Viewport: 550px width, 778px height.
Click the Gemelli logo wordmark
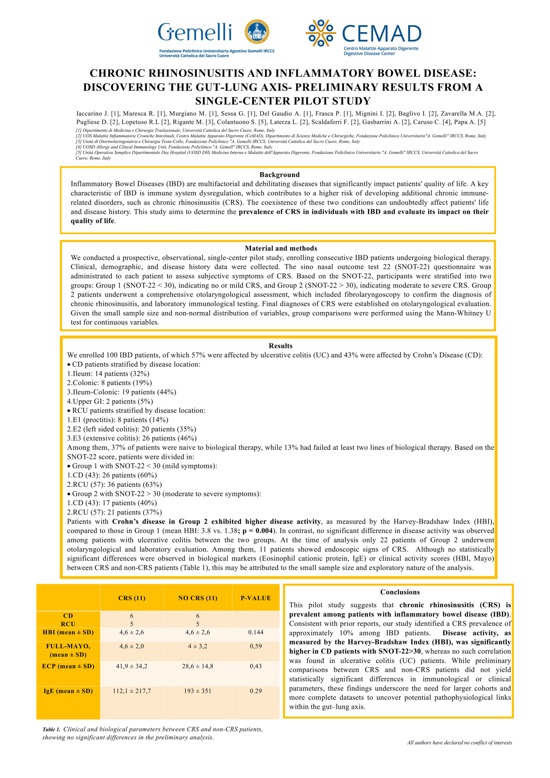point(195,33)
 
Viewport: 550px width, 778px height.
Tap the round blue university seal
point(256,32)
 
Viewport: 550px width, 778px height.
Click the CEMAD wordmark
point(381,34)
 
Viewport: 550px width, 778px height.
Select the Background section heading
point(279,175)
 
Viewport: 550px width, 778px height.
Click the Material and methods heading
point(281,248)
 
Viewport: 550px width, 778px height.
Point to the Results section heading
point(280,346)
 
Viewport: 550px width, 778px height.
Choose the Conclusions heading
point(400,592)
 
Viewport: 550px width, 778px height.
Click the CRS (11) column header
point(132,598)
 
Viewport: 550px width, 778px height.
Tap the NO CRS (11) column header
point(198,598)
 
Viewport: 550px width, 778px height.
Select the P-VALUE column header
point(256,598)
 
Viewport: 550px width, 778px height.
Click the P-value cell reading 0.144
point(256,632)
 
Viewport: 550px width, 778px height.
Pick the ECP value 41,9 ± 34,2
point(132,666)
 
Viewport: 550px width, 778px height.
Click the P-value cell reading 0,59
point(256,646)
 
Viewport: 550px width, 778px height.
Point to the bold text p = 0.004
point(258,531)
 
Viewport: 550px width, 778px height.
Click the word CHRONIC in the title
point(117,73)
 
